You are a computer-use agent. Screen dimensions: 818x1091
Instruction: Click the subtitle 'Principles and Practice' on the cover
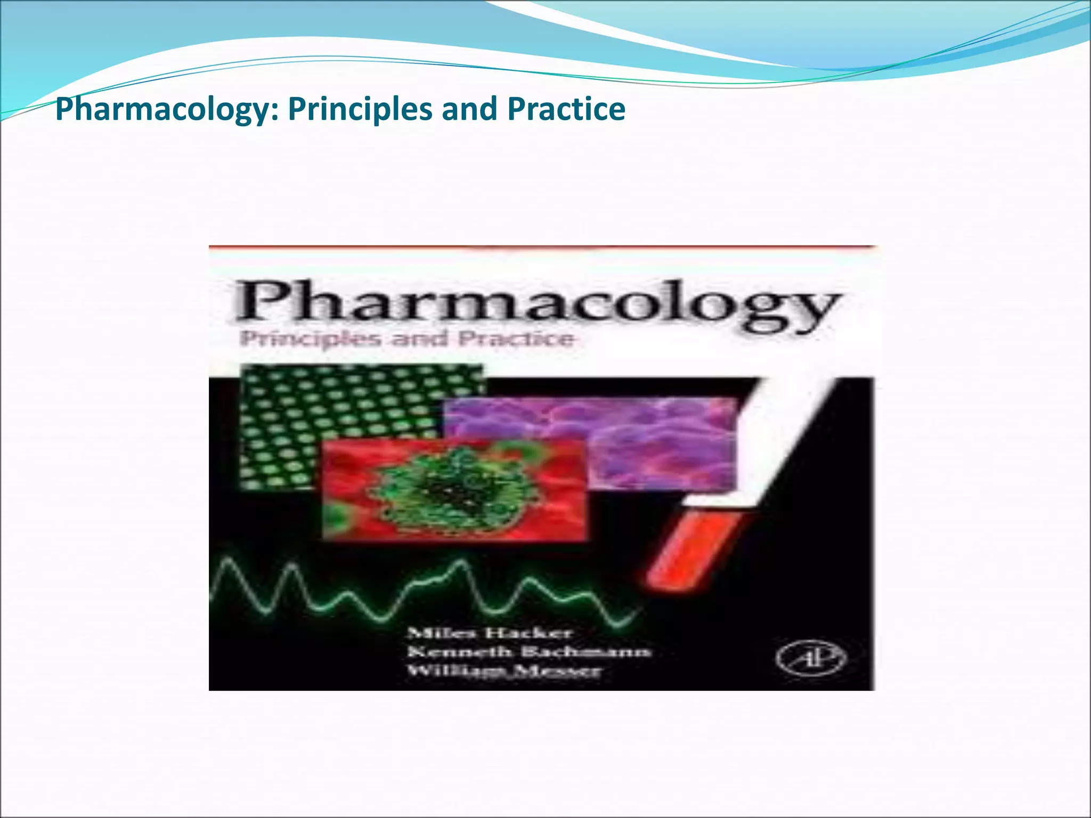(x=407, y=339)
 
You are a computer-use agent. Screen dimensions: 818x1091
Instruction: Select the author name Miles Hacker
(x=489, y=633)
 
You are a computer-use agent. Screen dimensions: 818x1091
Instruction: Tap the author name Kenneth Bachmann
(x=528, y=652)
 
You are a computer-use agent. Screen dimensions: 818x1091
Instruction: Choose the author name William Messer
(x=504, y=670)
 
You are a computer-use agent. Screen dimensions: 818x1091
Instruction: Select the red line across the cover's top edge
(x=541, y=247)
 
